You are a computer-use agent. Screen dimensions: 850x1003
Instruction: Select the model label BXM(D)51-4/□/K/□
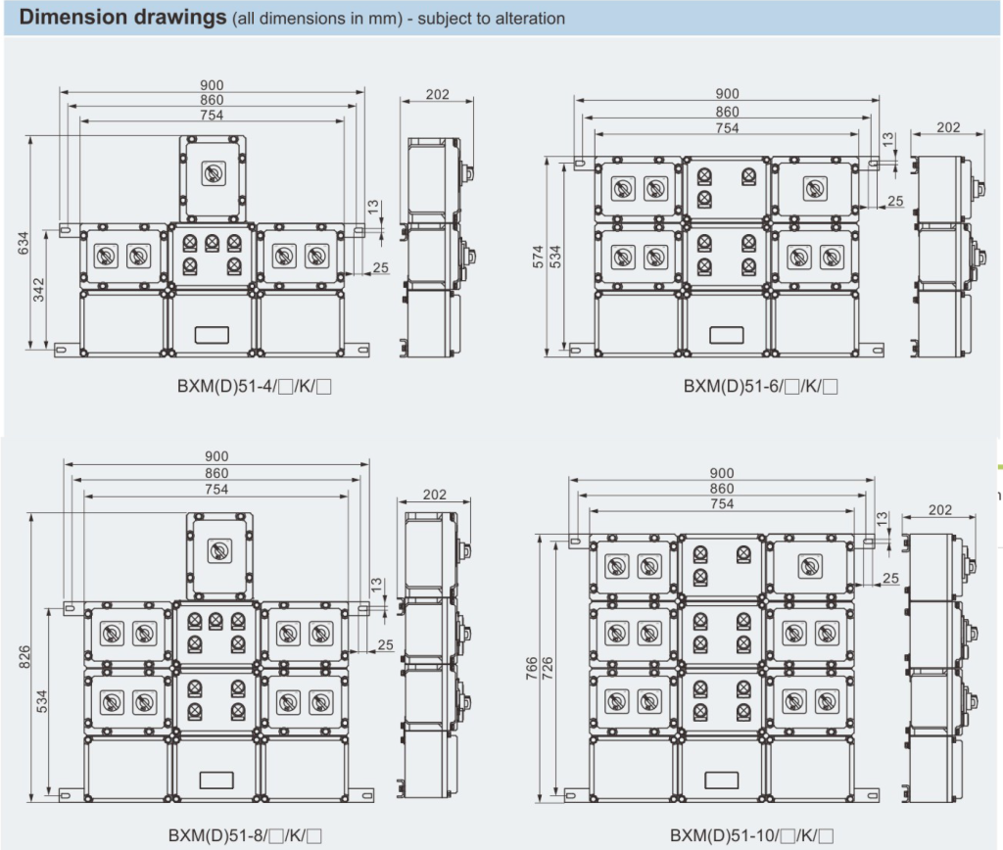point(249,387)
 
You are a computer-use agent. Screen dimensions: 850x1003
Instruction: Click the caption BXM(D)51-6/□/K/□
point(760,387)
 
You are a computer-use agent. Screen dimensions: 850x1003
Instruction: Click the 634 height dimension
point(24,242)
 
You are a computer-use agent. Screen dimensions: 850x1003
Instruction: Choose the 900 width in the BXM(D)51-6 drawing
point(727,93)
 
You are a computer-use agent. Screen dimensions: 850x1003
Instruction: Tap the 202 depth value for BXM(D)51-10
point(939,509)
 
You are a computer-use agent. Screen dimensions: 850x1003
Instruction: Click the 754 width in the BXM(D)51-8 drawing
point(216,489)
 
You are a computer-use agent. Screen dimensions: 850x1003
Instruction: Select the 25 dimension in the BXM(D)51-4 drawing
point(381,266)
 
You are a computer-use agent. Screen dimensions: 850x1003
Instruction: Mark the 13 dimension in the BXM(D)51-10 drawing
point(883,517)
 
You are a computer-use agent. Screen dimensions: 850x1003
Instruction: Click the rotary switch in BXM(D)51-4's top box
point(213,174)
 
